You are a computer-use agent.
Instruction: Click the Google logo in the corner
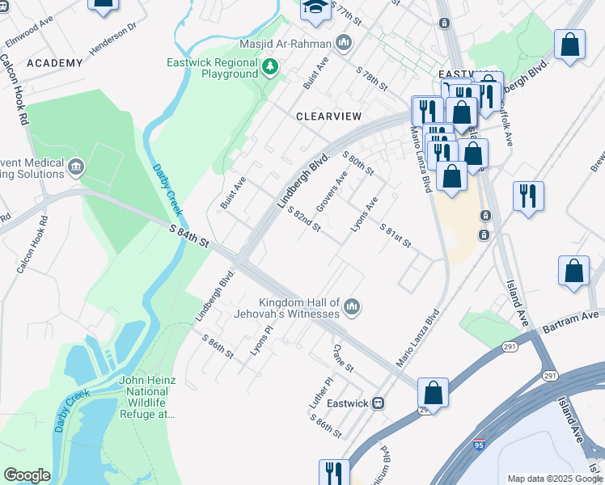[27, 475]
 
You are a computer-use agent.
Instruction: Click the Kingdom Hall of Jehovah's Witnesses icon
[352, 307]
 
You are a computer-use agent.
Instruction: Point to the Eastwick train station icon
[378, 403]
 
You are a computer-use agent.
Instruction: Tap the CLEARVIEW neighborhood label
[328, 116]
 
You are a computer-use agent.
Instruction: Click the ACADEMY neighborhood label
[54, 63]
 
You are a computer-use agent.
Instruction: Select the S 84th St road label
[190, 238]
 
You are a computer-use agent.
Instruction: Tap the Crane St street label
[344, 357]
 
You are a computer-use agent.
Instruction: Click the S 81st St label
[395, 236]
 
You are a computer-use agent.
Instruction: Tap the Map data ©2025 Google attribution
[554, 479]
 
